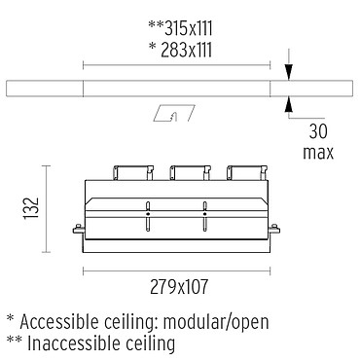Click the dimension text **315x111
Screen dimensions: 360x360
coord(180,28)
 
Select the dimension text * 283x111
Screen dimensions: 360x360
coord(180,51)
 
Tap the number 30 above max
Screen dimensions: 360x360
coord(318,131)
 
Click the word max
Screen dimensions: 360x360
coord(318,153)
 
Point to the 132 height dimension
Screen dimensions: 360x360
coord(31,208)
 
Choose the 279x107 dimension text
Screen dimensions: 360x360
coord(179,287)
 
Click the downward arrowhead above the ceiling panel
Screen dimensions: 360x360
coord(288,72)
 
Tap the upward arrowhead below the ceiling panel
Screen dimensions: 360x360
coord(288,104)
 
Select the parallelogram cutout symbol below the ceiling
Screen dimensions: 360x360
coord(174,113)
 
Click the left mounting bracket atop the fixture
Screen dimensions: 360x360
coord(133,173)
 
